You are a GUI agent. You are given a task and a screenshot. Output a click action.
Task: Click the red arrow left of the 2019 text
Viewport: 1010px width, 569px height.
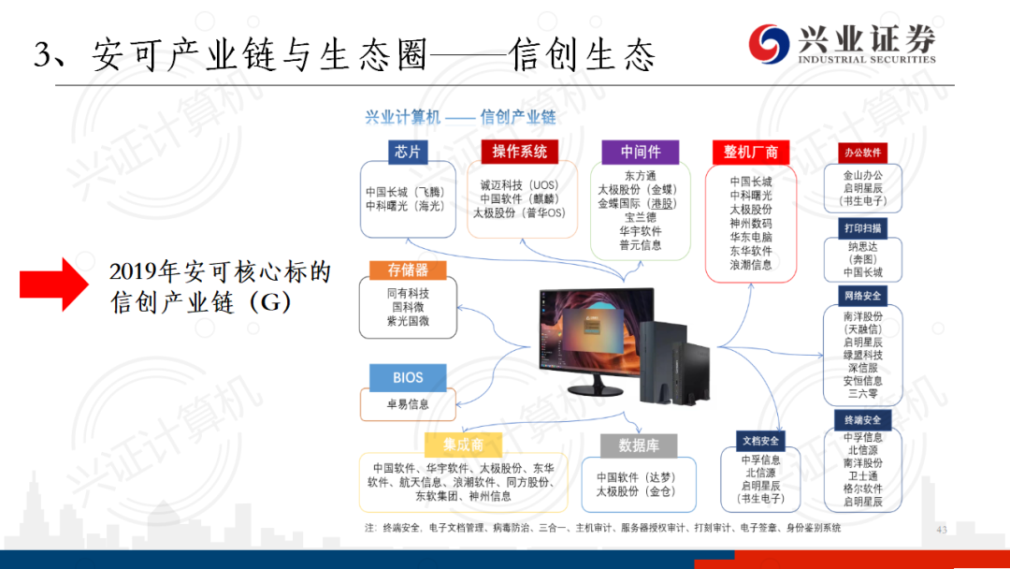pyautogui.click(x=54, y=284)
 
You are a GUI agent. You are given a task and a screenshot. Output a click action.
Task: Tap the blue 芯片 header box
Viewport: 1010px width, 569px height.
pyautogui.click(x=408, y=152)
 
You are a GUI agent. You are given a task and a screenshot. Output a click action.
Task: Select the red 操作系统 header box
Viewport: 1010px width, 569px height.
pyautogui.click(x=519, y=152)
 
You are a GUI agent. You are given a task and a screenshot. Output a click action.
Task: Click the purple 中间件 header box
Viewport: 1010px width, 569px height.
pyautogui.click(x=641, y=153)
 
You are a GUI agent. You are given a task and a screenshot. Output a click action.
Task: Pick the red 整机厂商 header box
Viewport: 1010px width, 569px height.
pyautogui.click(x=750, y=153)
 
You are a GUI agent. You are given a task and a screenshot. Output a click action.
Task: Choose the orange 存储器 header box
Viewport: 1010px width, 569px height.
pyautogui.click(x=408, y=270)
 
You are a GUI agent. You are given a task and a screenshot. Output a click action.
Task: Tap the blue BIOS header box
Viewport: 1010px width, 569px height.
pyautogui.click(x=408, y=377)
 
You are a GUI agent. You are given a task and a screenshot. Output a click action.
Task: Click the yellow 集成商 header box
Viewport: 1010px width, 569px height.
pyautogui.click(x=463, y=445)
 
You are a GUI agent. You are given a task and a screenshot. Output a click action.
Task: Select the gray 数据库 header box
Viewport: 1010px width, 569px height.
pyautogui.click(x=639, y=445)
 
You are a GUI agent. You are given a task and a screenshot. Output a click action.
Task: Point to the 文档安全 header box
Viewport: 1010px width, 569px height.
pyautogui.click(x=760, y=441)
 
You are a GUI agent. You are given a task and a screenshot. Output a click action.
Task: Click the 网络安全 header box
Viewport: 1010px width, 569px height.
pyautogui.click(x=862, y=296)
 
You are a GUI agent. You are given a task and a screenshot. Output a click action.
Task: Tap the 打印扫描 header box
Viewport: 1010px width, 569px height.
pyautogui.click(x=862, y=228)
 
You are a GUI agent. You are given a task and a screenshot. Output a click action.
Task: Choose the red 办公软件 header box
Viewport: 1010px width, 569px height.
pyautogui.click(x=862, y=153)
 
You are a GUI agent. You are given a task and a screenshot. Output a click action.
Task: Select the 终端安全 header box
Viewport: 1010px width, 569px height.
pyautogui.click(x=862, y=420)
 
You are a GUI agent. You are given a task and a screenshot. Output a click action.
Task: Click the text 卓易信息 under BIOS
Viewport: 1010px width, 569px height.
pyautogui.click(x=408, y=404)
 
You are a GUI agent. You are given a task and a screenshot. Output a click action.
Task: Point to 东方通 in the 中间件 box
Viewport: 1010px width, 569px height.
pyautogui.click(x=641, y=175)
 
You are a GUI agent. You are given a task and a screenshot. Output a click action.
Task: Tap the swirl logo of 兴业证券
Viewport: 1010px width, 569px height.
pyautogui.click(x=769, y=44)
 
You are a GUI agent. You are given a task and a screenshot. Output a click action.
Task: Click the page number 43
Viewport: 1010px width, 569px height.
pyautogui.click(x=942, y=529)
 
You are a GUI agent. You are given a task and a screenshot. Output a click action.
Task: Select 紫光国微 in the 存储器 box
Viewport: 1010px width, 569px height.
pyautogui.click(x=408, y=321)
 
